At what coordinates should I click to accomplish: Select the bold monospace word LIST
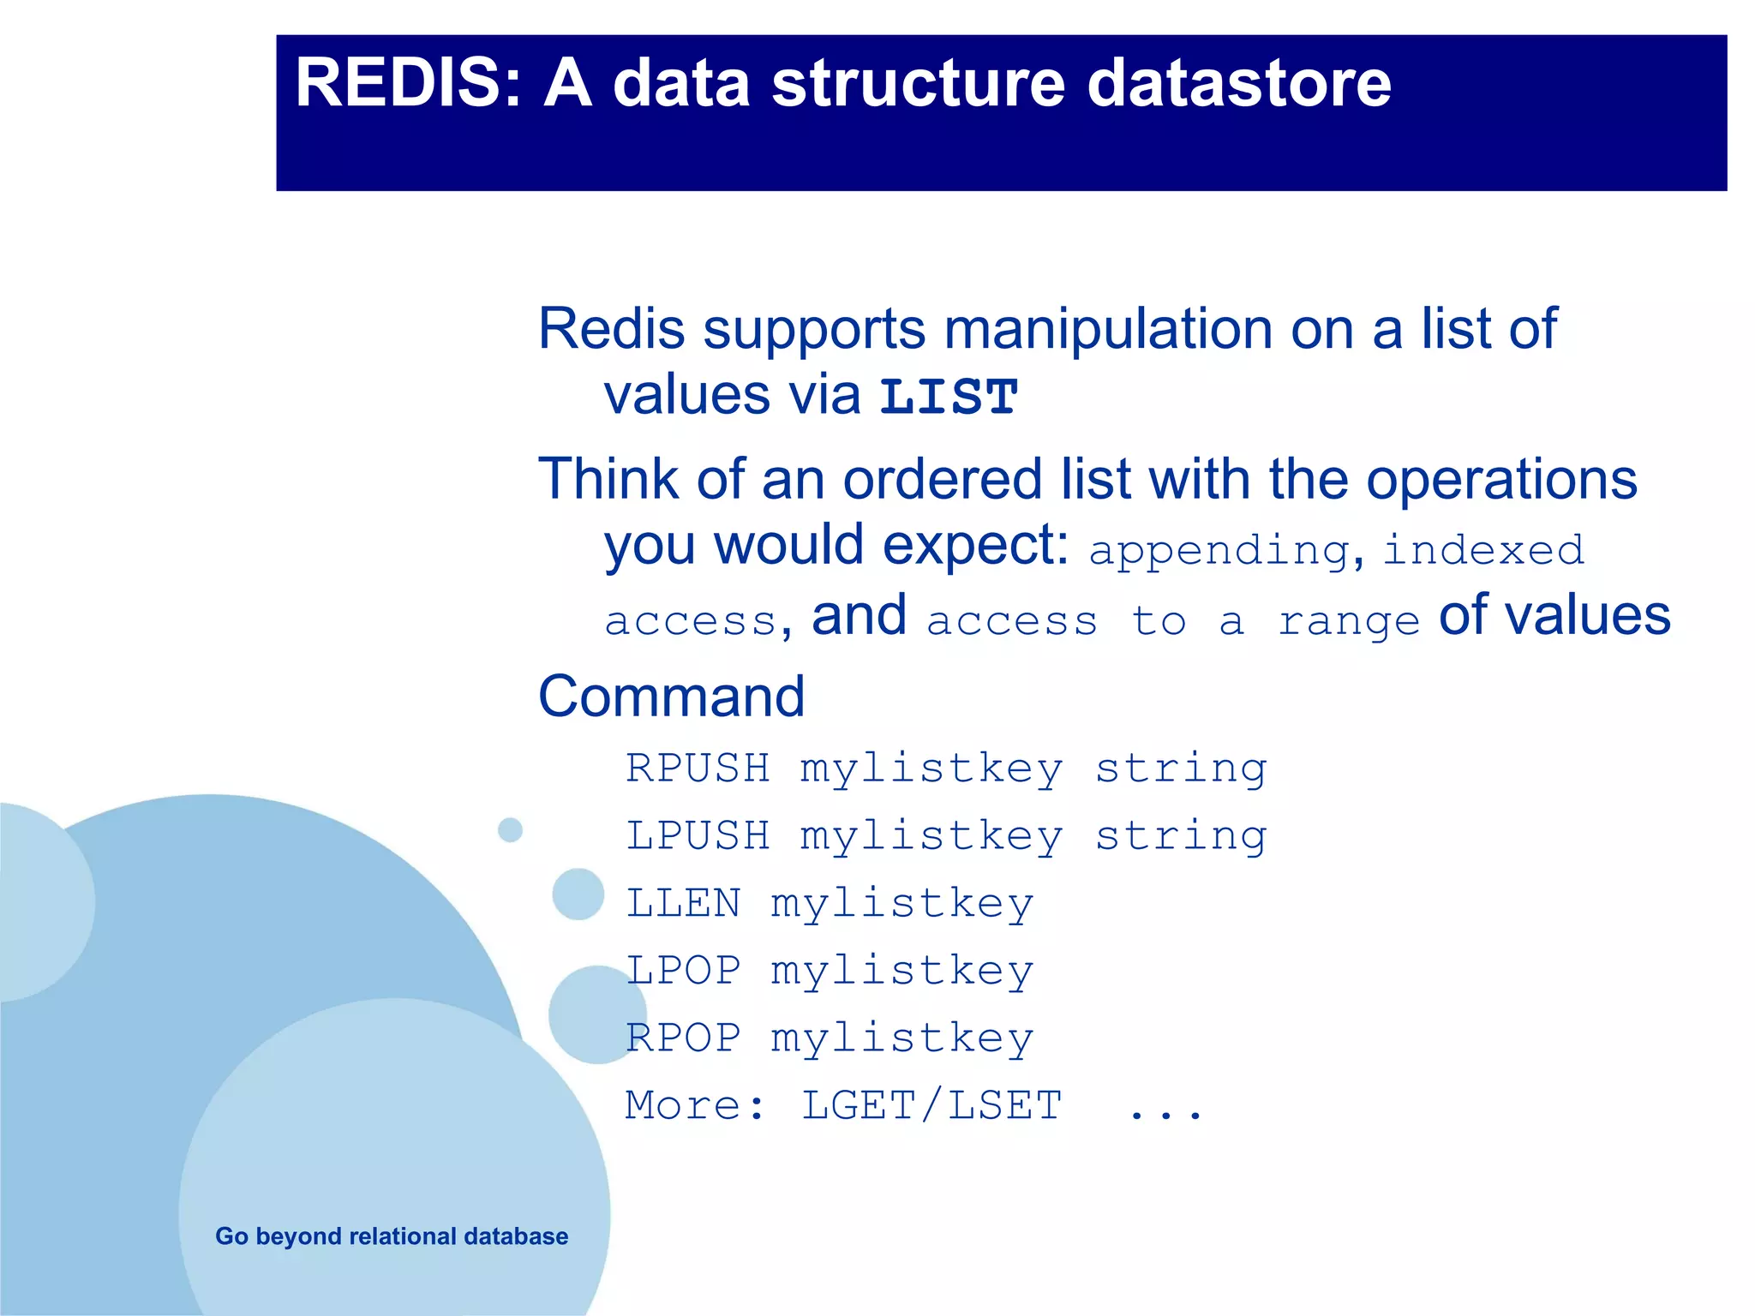tap(949, 398)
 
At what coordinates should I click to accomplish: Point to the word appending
tap(1219, 551)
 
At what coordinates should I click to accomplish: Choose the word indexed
tap(1483, 550)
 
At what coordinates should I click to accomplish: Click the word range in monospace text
tap(1348, 621)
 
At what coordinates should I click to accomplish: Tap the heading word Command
tap(671, 696)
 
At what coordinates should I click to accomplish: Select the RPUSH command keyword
tap(698, 768)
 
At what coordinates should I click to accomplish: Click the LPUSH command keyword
tap(698, 835)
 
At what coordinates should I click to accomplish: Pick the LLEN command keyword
tap(683, 903)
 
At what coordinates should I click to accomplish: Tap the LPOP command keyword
tap(683, 971)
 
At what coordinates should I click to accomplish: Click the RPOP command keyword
tap(683, 1038)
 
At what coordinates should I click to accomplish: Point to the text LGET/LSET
tap(931, 1105)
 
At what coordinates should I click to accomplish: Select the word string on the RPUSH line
tap(1181, 769)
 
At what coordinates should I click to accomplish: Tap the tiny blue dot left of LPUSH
tap(510, 829)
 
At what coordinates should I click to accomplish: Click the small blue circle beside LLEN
tap(578, 894)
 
